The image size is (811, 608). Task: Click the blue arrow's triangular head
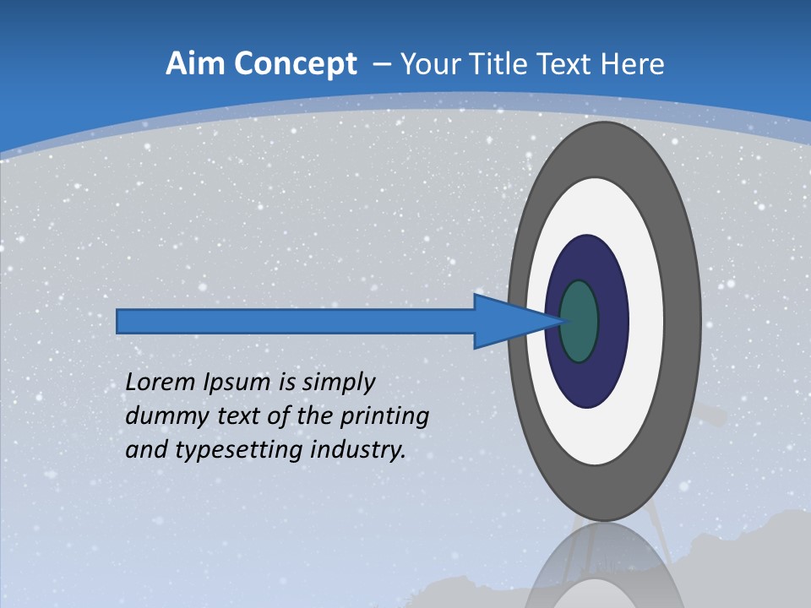click(507, 321)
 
